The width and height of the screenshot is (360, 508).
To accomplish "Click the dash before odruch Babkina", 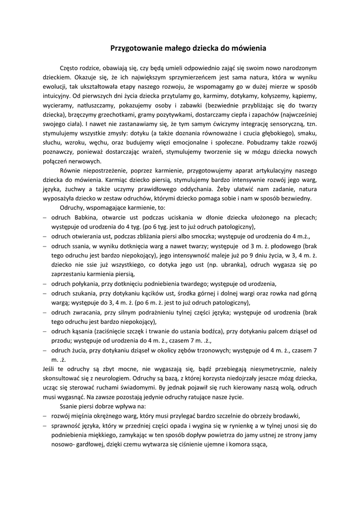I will point(45,217).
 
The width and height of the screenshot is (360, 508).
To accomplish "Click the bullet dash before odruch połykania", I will point(45,283).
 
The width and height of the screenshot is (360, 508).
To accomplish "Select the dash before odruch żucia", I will point(45,350).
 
